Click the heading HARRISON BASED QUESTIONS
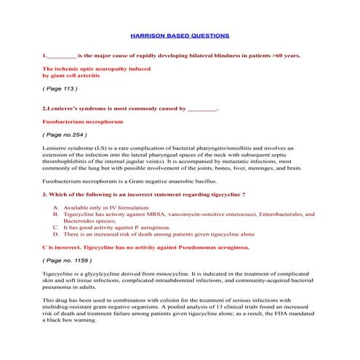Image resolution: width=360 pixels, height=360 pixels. pyautogui.click(x=179, y=35)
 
